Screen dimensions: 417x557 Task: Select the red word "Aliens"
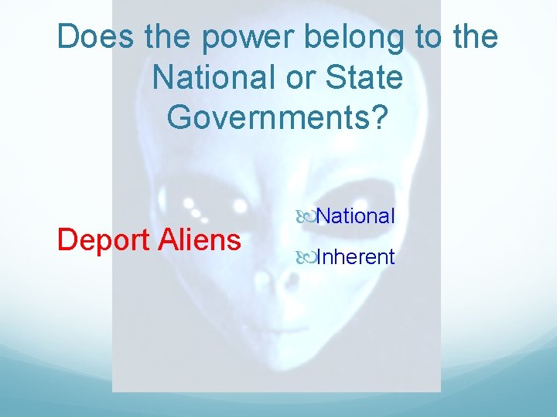200,239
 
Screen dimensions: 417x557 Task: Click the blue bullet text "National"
355,216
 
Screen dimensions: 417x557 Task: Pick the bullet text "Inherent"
355,256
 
